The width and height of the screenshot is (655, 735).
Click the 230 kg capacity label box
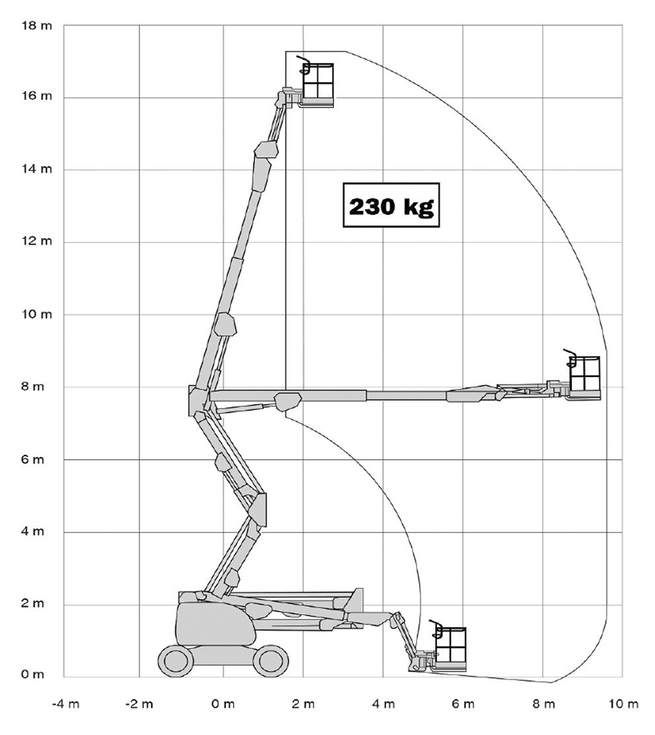(391, 205)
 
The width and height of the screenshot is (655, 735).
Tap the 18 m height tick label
(37, 26)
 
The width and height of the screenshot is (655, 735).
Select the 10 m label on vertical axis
(37, 314)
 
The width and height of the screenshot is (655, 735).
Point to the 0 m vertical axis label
(32, 674)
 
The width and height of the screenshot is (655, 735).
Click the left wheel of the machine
(176, 661)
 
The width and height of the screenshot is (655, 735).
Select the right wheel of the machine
(271, 661)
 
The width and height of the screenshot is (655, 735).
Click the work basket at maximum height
(318, 85)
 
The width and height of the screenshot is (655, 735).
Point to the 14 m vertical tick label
(37, 169)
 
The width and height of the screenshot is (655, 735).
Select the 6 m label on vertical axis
(32, 459)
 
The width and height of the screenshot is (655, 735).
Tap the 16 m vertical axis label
(37, 96)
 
